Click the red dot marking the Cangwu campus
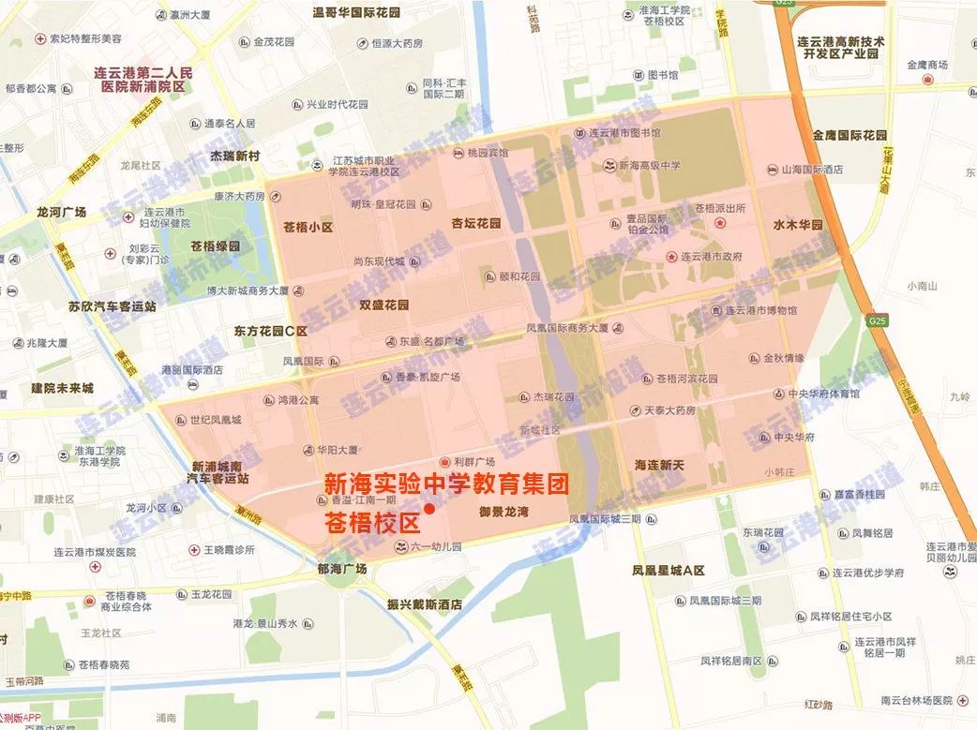[428, 509]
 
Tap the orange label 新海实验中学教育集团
[446, 484]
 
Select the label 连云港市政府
[711, 257]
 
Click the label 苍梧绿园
[215, 246]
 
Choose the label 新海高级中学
[649, 166]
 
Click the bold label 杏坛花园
[475, 224]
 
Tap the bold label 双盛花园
[384, 305]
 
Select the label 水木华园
[797, 226]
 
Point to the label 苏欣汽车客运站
[113, 305]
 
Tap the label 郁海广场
[341, 569]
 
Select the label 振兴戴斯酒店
[425, 605]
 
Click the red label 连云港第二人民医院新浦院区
[143, 78]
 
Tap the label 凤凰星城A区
[669, 571]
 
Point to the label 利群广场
[473, 462]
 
